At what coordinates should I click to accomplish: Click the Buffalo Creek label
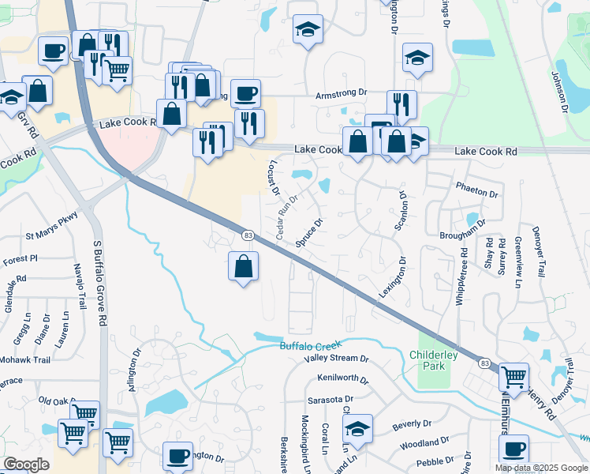point(312,346)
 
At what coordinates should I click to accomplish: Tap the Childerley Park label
point(433,360)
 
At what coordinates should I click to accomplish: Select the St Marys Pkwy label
point(52,235)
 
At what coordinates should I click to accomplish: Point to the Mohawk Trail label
point(25,359)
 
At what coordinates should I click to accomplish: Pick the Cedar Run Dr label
point(286,218)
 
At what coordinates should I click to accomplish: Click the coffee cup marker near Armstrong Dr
point(245,93)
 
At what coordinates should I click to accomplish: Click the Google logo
point(26,465)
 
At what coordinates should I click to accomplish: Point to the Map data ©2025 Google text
point(541,468)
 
